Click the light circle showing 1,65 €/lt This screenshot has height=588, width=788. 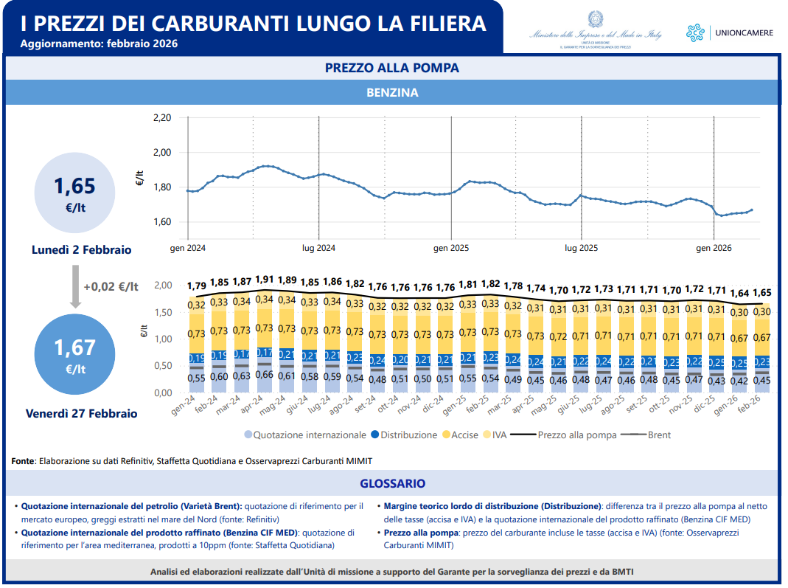pos(74,193)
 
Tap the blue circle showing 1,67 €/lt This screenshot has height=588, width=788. pos(74,353)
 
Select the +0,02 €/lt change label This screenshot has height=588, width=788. pos(111,287)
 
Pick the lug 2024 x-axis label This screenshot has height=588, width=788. pos(319,248)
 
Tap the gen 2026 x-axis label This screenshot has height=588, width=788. pos(714,248)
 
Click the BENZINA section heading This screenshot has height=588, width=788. pos(392,93)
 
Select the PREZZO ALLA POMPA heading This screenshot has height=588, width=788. pos(392,68)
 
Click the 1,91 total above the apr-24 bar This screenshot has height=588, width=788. pos(265,280)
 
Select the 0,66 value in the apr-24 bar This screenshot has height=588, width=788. pos(265,375)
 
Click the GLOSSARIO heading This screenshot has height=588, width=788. pos(392,484)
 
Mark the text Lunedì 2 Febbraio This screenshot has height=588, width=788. pos(82,250)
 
